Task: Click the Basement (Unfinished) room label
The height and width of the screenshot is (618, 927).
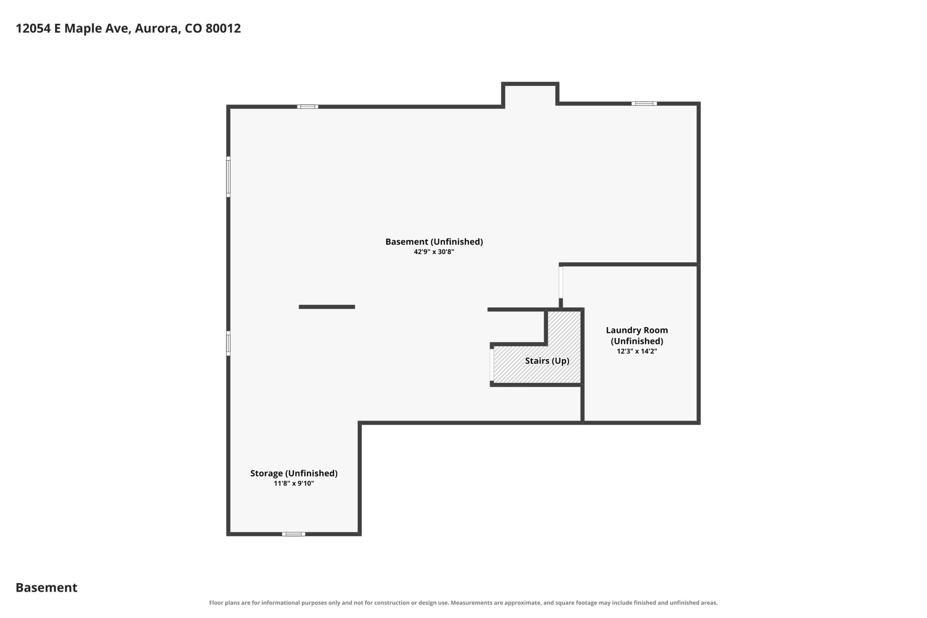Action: [434, 242]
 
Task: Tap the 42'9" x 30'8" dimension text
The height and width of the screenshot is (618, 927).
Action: [434, 252]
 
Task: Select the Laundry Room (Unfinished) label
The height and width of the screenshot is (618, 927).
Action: [637, 335]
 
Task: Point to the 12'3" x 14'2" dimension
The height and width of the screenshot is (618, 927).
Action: [637, 351]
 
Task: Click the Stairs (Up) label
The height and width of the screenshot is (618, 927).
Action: [547, 361]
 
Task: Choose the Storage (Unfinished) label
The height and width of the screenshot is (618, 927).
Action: [294, 474]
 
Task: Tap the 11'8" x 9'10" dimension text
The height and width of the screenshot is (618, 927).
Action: [294, 483]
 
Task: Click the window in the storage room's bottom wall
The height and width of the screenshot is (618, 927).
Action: [294, 534]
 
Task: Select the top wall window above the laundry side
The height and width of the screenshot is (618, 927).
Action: [644, 104]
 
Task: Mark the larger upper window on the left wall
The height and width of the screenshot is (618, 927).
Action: [228, 176]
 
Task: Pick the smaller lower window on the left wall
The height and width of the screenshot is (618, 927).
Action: [228, 343]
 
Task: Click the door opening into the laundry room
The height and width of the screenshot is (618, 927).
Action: [561, 282]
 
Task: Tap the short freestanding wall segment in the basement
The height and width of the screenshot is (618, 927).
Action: [327, 307]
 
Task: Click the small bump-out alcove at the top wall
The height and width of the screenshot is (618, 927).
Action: [530, 95]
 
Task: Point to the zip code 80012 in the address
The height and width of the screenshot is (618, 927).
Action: [223, 28]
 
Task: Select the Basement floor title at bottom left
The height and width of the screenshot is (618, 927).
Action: [46, 588]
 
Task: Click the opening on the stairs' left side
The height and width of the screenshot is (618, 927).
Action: [492, 365]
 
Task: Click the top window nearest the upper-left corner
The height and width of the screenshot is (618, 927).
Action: [308, 107]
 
